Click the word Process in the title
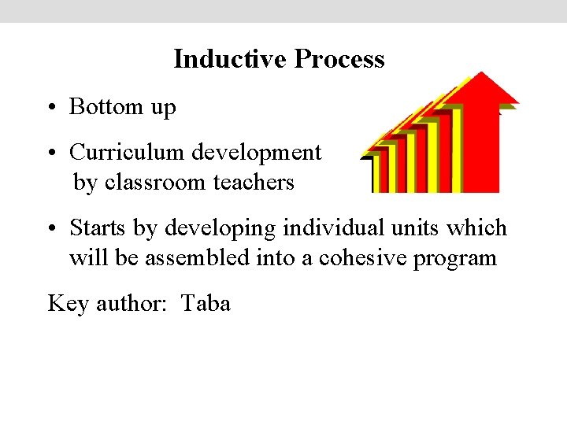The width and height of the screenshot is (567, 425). pos(339,59)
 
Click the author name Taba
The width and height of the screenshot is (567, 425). pos(206,303)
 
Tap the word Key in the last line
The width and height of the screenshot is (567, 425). pos(68,303)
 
